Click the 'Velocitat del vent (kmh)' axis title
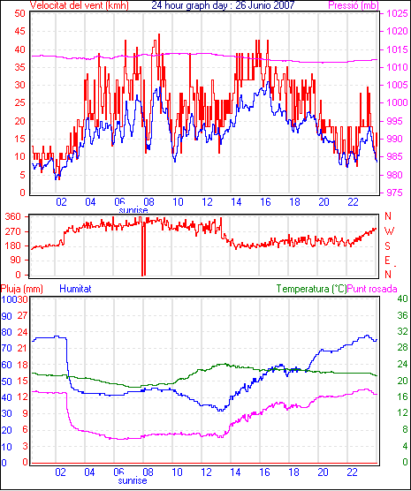tap(79, 5)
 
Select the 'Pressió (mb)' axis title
tap(354, 5)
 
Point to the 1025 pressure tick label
tap(397, 13)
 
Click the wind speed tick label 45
tap(19, 31)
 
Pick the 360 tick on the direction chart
tap(13, 216)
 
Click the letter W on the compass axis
tap(389, 231)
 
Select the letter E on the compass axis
tap(388, 261)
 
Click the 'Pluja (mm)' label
tap(22, 289)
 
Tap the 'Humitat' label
tap(75, 289)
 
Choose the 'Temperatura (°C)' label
tap(311, 289)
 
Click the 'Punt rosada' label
tap(372, 289)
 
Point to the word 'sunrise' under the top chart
tap(133, 210)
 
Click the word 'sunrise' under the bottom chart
tap(133, 480)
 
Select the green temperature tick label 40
tap(402, 298)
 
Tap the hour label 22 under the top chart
tap(353, 202)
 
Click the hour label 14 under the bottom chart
tap(235, 472)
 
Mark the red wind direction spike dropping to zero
tap(143, 248)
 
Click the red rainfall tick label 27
tap(22, 315)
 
